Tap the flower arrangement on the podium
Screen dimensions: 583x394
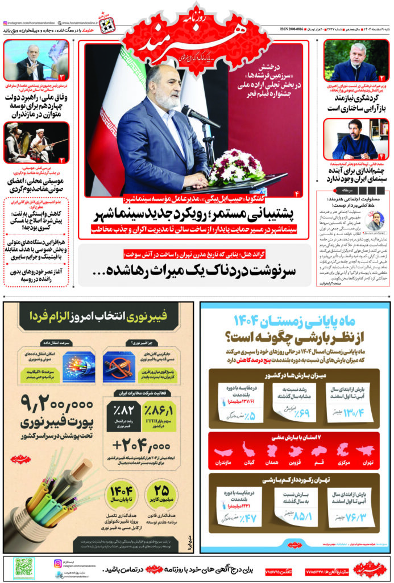pos(235,167)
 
